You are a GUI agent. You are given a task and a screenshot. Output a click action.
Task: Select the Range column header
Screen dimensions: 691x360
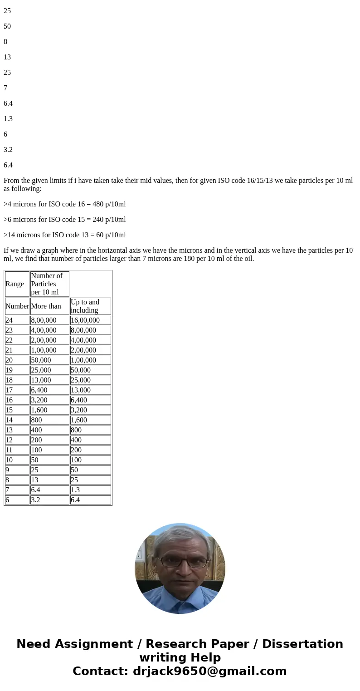coord(15,284)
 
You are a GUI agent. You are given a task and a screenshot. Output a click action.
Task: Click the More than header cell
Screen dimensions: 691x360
coord(46,306)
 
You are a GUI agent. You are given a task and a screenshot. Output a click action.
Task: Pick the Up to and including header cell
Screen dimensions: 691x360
coord(85,306)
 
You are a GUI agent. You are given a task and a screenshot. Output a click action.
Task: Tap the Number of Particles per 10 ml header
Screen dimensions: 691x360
coord(47,284)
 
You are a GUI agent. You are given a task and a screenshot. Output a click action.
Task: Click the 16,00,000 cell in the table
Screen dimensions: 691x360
coord(85,320)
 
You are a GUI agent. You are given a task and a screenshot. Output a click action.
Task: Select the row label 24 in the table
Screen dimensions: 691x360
coord(9,320)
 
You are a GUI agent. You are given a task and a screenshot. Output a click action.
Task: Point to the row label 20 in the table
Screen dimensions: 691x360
coord(9,360)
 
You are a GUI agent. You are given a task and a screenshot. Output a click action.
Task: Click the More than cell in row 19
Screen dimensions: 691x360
coord(41,370)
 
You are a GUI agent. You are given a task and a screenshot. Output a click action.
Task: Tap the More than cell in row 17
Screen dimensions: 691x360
coord(39,390)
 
